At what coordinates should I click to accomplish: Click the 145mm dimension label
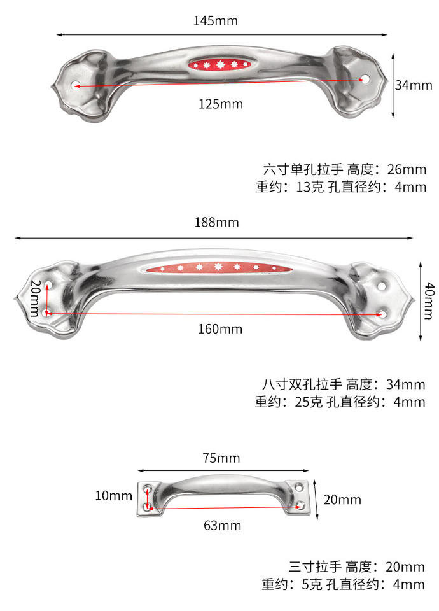click(x=216, y=20)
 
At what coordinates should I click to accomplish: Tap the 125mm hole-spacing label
click(x=221, y=104)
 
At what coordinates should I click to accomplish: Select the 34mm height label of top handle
click(x=414, y=85)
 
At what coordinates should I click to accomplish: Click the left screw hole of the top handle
click(x=76, y=85)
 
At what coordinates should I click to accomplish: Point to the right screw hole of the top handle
click(x=366, y=79)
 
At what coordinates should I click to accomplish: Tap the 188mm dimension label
click(x=216, y=223)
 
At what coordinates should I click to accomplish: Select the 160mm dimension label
click(x=220, y=329)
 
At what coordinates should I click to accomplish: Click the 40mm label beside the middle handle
click(x=429, y=301)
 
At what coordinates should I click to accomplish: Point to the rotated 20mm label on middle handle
click(x=36, y=298)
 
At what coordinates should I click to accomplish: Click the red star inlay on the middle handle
click(x=219, y=268)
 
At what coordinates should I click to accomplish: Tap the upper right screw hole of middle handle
click(x=382, y=286)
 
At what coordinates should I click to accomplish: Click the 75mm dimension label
click(x=221, y=458)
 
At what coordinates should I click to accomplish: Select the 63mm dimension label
click(x=223, y=526)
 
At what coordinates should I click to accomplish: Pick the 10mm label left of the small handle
click(x=114, y=496)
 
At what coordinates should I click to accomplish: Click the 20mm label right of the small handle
click(x=342, y=500)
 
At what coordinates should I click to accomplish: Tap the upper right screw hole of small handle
click(x=299, y=487)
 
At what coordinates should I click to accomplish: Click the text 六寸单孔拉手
click(x=303, y=169)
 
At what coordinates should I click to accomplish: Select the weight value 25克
click(x=309, y=402)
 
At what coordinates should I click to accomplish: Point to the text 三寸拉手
click(x=315, y=566)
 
